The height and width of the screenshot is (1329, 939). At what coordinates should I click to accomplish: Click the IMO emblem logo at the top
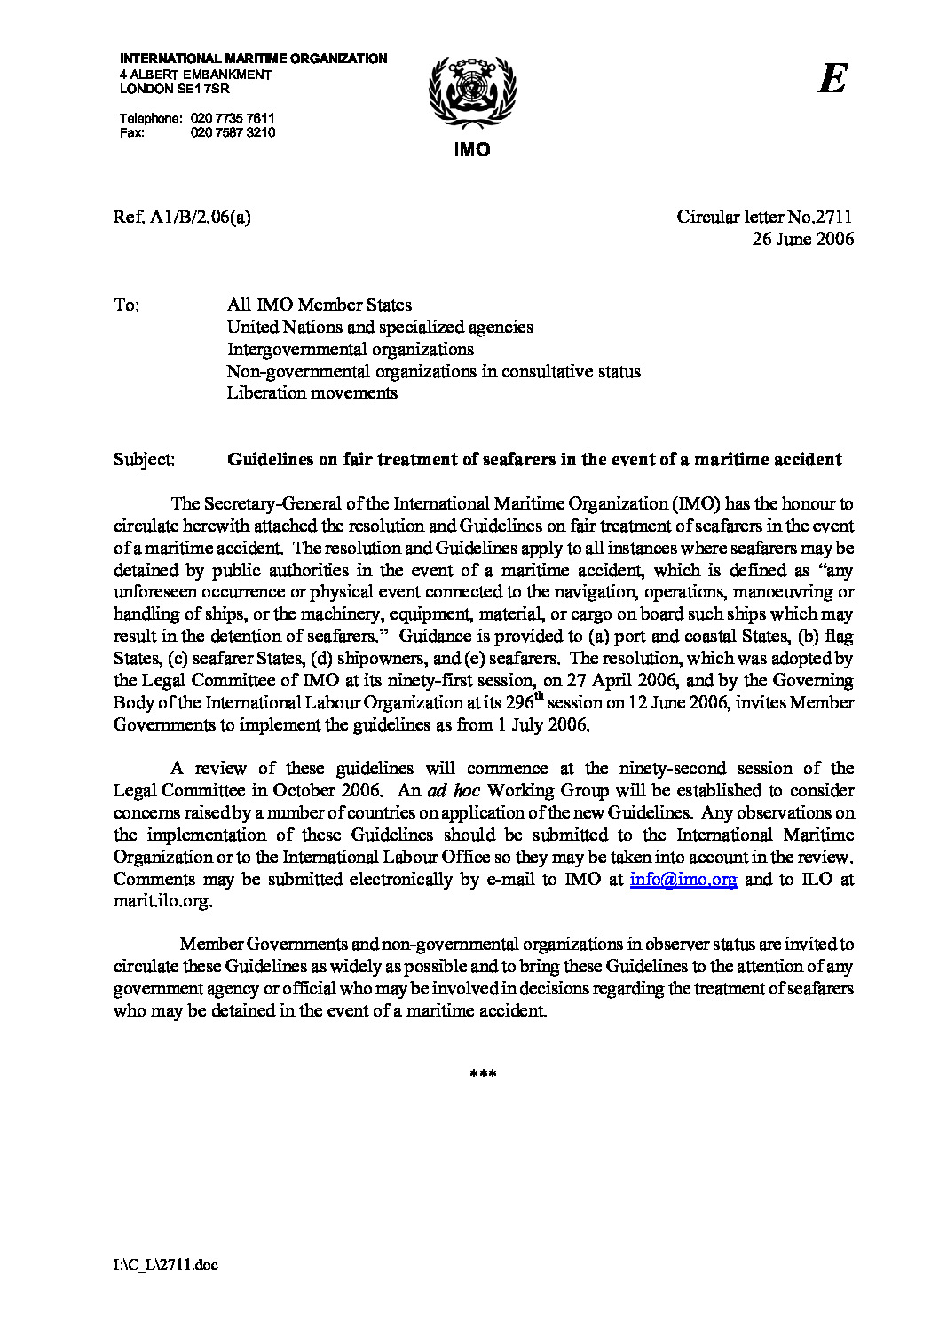[x=471, y=92]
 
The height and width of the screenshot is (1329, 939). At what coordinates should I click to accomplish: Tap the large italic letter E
[x=832, y=79]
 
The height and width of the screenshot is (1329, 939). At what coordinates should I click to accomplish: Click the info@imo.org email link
[x=683, y=880]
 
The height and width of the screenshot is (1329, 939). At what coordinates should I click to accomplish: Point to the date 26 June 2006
[x=802, y=239]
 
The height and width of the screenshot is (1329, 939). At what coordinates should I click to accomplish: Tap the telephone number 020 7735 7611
[x=233, y=118]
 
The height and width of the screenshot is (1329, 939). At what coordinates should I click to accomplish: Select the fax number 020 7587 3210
[x=233, y=132]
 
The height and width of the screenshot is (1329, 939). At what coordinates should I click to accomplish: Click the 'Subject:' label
[x=144, y=460]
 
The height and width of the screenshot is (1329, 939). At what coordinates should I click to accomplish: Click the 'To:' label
[x=126, y=305]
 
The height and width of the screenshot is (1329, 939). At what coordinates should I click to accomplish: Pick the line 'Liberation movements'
[x=312, y=393]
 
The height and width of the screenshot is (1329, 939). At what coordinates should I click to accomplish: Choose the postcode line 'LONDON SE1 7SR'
[x=174, y=89]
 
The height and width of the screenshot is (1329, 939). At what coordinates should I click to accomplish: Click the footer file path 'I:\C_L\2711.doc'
[x=165, y=1265]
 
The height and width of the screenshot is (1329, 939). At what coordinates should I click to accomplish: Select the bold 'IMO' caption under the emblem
[x=471, y=150]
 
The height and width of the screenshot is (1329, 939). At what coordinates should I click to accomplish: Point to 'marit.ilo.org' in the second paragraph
[x=162, y=901]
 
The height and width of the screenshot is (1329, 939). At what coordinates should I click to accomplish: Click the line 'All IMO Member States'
[x=319, y=305]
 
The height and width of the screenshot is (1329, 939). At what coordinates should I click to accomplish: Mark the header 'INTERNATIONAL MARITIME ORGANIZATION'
[x=253, y=59]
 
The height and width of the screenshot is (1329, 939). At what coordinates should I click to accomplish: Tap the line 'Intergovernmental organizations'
[x=350, y=350]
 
